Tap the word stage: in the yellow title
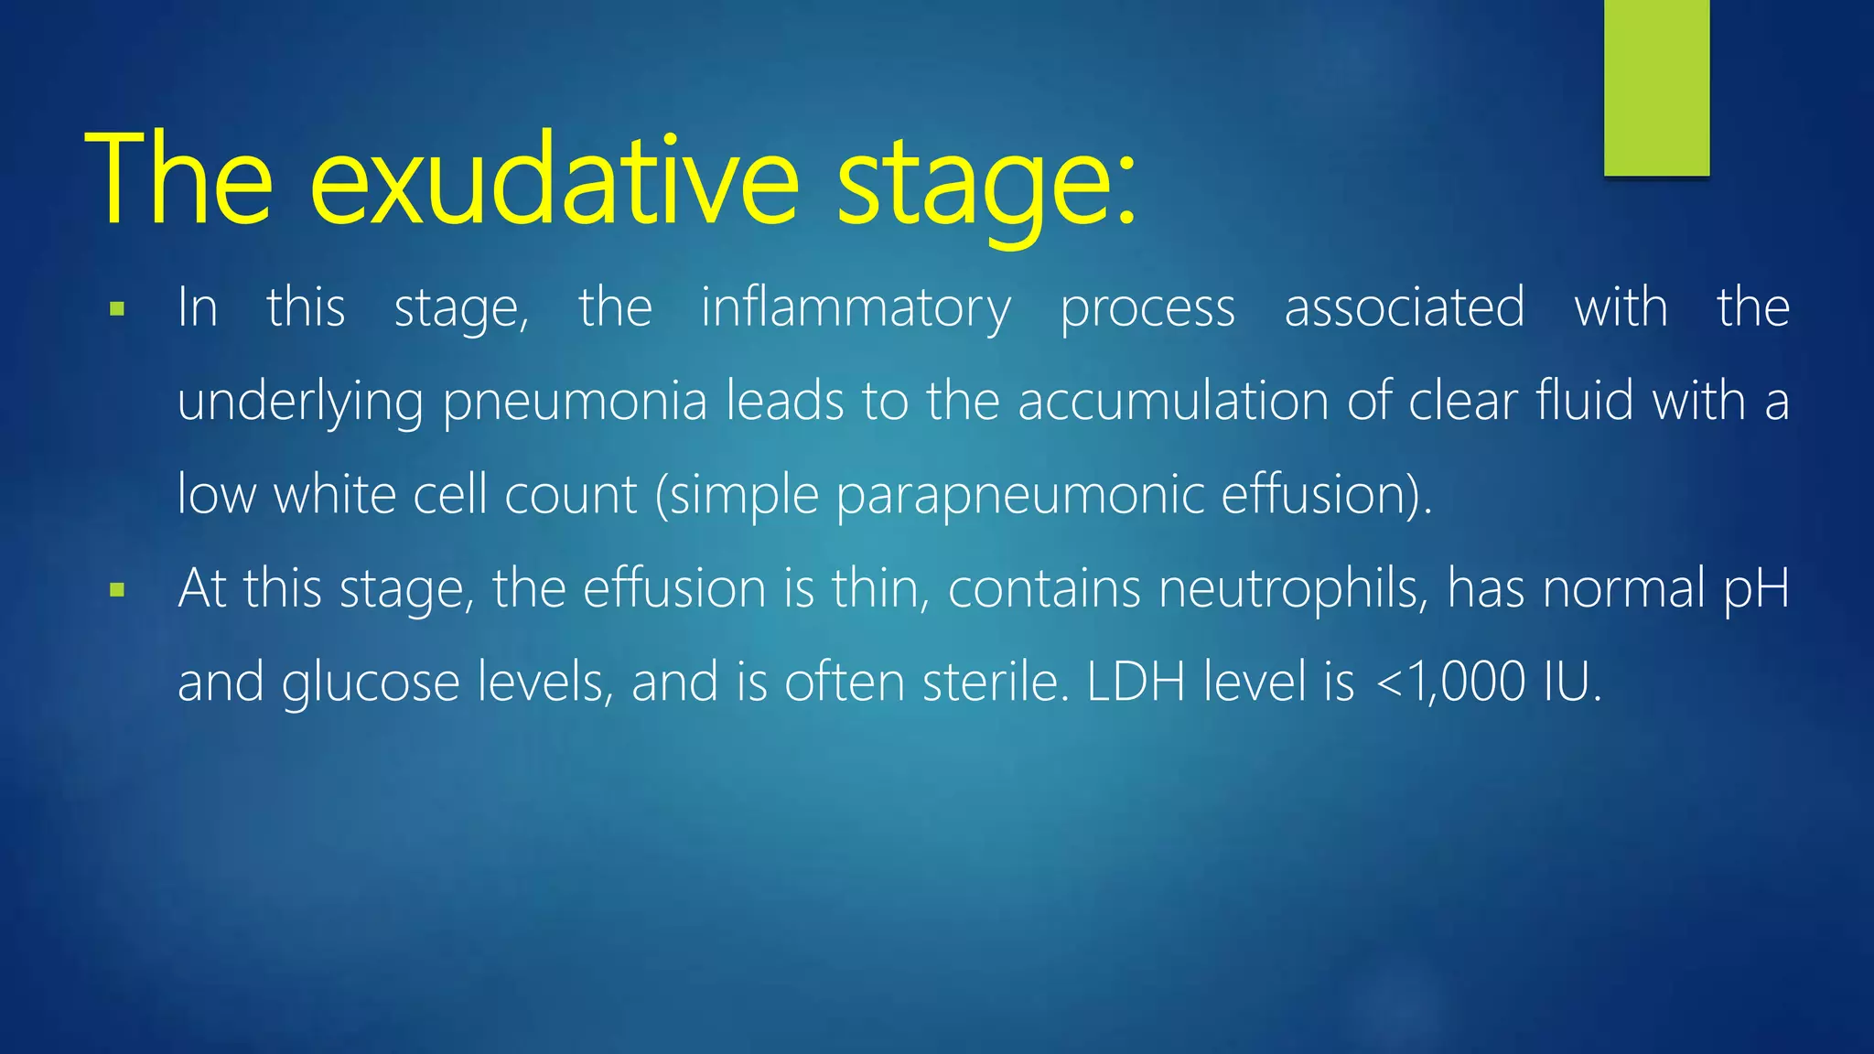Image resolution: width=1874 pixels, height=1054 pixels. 986,183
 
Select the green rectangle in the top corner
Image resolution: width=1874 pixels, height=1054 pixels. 1656,87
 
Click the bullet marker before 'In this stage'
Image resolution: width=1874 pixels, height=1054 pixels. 117,310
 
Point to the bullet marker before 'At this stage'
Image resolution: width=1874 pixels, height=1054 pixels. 117,590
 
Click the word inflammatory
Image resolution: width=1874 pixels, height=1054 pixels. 856,308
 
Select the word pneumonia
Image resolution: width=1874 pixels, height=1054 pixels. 575,403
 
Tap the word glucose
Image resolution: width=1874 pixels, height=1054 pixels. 370,683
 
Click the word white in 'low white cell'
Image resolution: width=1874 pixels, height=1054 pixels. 334,495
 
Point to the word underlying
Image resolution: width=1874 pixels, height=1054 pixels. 300,403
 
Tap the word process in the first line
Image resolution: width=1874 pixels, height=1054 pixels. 1147,309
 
